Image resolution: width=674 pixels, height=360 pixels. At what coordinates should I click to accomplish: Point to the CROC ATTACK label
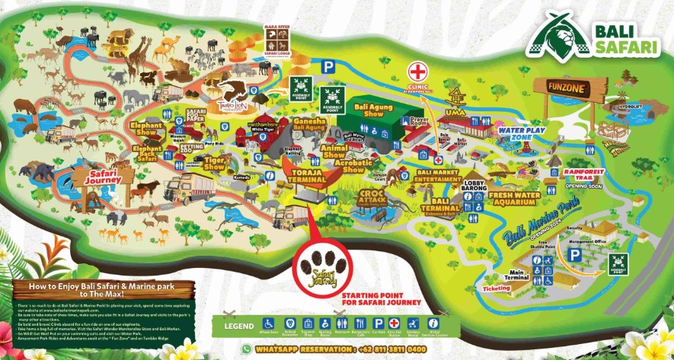coord(373,197)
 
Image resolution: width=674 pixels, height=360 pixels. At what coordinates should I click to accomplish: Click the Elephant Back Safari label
coord(146,154)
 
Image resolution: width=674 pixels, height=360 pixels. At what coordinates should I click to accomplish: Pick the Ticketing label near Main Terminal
coord(497,288)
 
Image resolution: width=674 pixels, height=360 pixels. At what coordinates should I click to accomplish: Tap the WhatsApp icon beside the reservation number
coord(246,348)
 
